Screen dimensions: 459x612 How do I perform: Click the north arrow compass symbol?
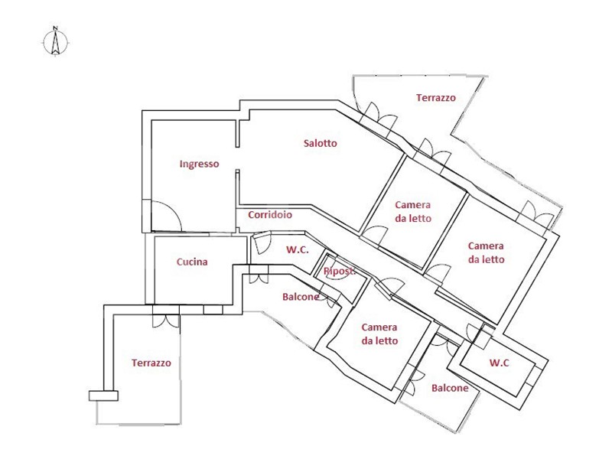55,44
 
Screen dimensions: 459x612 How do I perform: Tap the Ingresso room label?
200,164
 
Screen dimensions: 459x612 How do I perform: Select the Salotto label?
320,143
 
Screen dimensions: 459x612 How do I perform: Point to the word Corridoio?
270,215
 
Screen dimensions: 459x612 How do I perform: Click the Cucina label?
192,262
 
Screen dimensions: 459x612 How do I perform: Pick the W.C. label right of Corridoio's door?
298,249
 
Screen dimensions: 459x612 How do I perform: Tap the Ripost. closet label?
340,272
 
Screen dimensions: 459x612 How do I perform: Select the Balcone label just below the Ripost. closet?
301,297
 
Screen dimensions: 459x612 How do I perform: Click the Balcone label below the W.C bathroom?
450,388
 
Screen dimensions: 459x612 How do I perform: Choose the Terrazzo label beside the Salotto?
436,98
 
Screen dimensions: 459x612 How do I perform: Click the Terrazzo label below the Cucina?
151,363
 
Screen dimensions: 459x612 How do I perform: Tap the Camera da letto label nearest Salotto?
413,211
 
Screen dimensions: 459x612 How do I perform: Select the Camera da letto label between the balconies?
379,334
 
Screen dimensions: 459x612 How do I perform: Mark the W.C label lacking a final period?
500,363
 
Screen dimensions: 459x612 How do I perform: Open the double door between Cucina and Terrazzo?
164,316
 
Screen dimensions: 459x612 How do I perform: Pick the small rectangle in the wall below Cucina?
213,309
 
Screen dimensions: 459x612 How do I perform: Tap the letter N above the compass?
55,30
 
